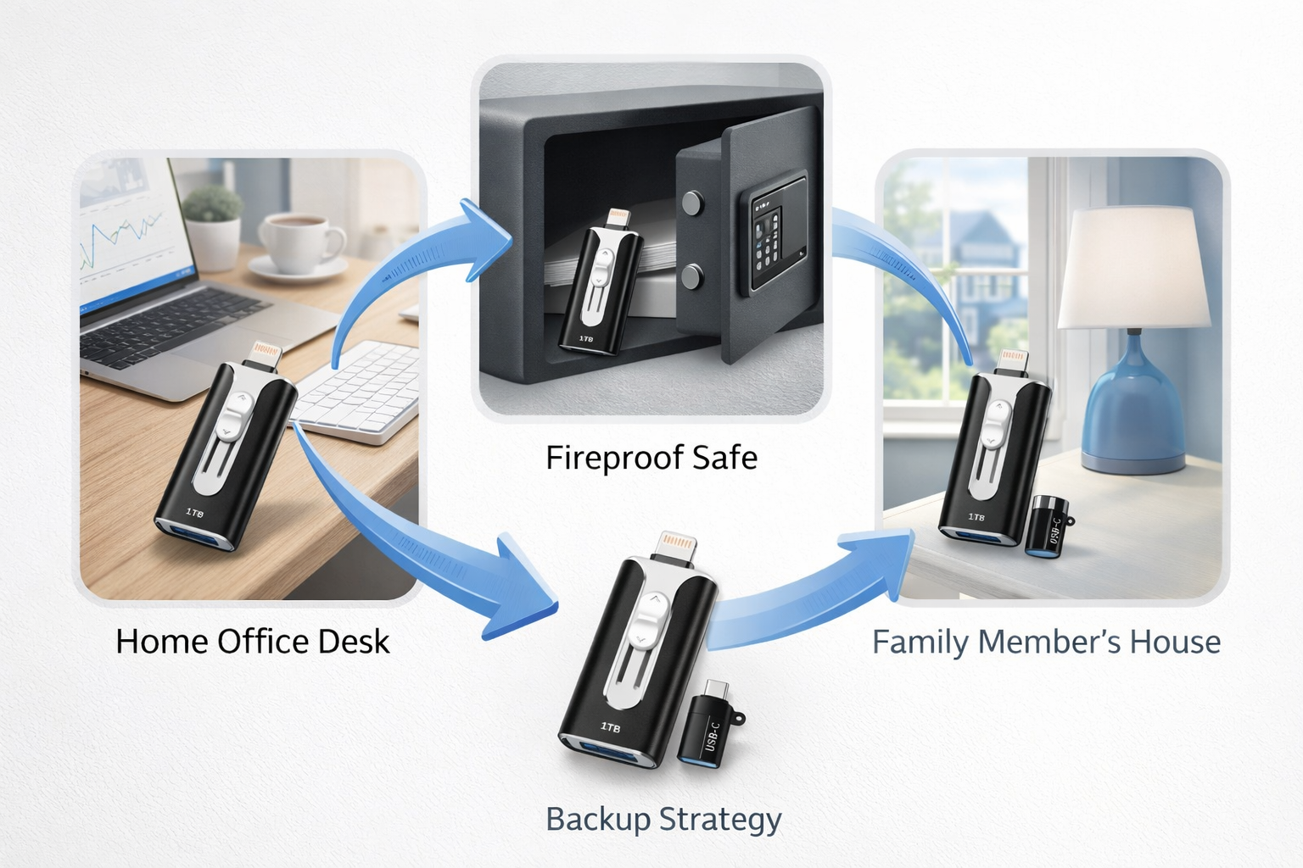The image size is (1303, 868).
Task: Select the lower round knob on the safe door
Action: [x=693, y=275]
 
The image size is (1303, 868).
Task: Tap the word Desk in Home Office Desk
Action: [x=354, y=642]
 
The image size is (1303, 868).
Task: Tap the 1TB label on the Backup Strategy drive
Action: [x=610, y=727]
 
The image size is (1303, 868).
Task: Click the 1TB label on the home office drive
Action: [x=194, y=513]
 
